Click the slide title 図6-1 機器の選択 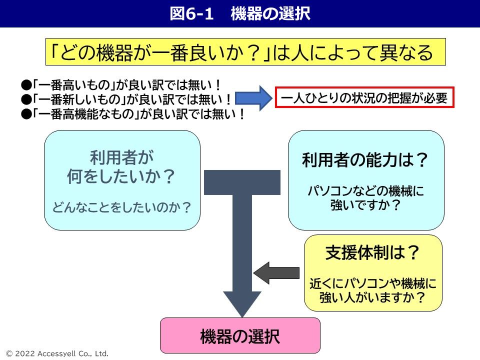click(240, 13)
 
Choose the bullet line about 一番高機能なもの click(132, 114)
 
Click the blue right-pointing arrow click(252, 98)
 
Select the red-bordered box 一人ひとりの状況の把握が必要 click(364, 98)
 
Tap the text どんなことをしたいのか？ click(122, 207)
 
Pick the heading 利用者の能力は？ click(366, 161)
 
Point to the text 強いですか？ click(366, 205)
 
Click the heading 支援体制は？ click(373, 254)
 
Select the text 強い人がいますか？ click(373, 298)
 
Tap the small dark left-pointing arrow click(269, 272)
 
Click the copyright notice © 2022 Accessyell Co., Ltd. click(55, 353)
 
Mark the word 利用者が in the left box click(122, 158)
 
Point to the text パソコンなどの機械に click(366, 191)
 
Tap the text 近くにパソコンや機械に click(373, 284)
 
